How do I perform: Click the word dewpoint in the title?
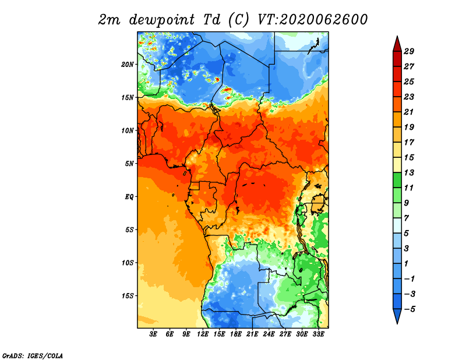coord(162,20)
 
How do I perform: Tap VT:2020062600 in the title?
coord(313,19)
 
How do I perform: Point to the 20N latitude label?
coord(128,65)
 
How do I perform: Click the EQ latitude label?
coord(129,197)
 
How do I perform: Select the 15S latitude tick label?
coord(128,296)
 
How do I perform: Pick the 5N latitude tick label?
coord(129,164)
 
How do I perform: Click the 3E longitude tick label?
coord(153,334)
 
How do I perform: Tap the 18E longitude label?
coord(236,334)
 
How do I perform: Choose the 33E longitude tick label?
coord(318,334)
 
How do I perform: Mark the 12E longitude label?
coord(203,334)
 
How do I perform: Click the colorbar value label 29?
coord(409,51)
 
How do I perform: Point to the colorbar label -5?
coord(409,309)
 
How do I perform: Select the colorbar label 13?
coord(409,172)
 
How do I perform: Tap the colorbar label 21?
coord(409,112)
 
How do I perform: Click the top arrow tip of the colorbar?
coord(397,36)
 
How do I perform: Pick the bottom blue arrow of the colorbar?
coord(397,316)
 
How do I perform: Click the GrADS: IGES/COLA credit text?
coord(33,355)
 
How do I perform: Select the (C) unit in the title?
coord(238,20)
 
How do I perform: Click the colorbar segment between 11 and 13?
coord(397,180)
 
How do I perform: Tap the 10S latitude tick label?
coord(128,263)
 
